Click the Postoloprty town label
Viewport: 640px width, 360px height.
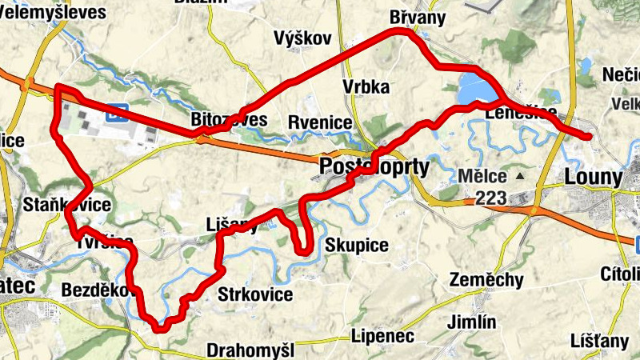(374, 166)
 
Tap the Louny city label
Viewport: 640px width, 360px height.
(594, 177)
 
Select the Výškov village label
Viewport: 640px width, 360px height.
(297, 38)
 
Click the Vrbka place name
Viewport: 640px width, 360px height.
(365, 87)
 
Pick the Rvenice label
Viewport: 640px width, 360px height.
(320, 122)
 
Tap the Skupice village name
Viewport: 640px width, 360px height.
(358, 245)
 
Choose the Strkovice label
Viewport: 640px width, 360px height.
(255, 295)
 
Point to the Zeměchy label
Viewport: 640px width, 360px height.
(486, 280)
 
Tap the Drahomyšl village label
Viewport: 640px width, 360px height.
(250, 350)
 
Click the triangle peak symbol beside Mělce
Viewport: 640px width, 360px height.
(521, 175)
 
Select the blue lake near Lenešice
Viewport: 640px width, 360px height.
(475, 90)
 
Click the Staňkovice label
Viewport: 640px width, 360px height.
(67, 204)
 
